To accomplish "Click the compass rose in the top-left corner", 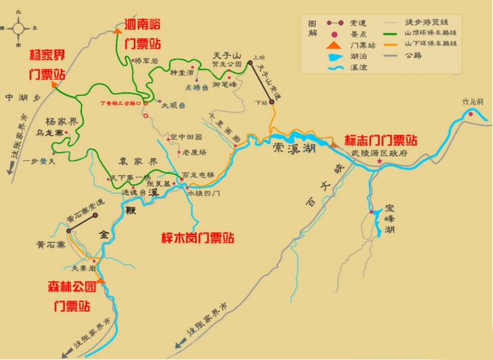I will point(19,28).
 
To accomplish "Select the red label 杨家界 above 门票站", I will point(48,54).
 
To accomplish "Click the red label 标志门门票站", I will point(381,139).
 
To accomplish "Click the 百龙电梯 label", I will point(199,176).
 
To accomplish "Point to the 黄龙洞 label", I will point(474,101).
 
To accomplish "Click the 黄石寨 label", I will point(50,244).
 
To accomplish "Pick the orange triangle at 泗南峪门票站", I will point(118,30).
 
